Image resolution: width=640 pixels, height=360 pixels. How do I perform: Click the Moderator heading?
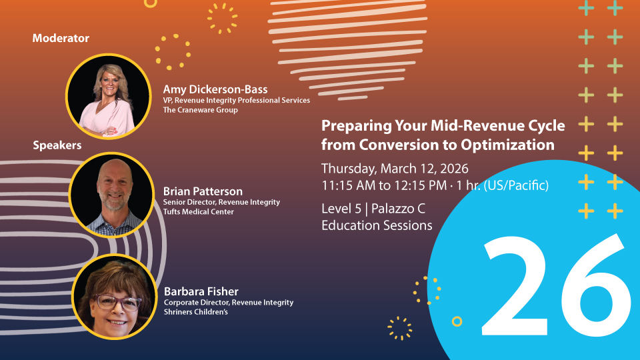[x=61, y=39]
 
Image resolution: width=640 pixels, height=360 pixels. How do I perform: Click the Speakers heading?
[x=57, y=145]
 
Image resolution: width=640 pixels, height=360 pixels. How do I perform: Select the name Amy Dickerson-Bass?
[x=215, y=89]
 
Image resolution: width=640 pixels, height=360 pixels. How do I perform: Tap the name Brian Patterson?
[x=203, y=191]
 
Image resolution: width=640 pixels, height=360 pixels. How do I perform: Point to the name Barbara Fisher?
[x=201, y=291]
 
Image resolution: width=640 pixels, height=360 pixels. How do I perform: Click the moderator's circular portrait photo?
[x=108, y=96]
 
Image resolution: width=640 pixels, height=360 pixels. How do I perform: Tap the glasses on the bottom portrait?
[x=119, y=303]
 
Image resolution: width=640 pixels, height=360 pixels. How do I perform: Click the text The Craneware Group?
[x=200, y=110]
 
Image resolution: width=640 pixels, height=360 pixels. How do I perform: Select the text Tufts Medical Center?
[x=199, y=211]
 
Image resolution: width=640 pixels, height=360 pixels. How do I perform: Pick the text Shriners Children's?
[x=196, y=312]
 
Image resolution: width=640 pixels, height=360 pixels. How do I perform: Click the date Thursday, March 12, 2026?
[x=395, y=169]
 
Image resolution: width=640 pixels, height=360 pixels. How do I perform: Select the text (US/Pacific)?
[x=516, y=186]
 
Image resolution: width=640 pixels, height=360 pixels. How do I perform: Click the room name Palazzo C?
[x=399, y=209]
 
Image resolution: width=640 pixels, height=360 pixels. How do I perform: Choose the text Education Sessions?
[x=377, y=225]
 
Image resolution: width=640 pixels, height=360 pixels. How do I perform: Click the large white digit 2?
[x=515, y=286]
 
